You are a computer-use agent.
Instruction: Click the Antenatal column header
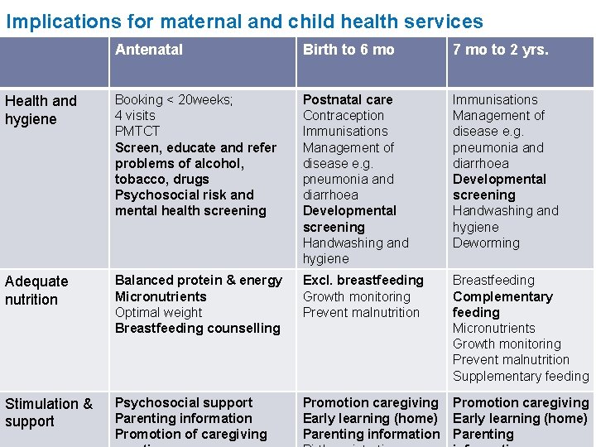[x=149, y=50]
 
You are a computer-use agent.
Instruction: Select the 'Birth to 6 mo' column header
[x=348, y=50]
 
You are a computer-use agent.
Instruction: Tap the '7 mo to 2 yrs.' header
[x=500, y=50]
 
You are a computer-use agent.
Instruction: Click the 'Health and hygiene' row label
[x=41, y=110]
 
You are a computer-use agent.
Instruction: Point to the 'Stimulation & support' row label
[x=49, y=412]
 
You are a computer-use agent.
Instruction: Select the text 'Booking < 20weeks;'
[x=174, y=99]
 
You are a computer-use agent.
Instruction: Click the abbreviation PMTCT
[x=137, y=131]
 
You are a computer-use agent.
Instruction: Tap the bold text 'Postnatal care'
[x=348, y=99]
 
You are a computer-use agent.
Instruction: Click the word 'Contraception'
[x=344, y=116]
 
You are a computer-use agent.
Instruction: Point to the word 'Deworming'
[x=486, y=243]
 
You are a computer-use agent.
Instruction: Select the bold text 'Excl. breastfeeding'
[x=363, y=281]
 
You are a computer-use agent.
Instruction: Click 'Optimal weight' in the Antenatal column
[x=158, y=313]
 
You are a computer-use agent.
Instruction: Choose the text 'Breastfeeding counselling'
[x=198, y=329]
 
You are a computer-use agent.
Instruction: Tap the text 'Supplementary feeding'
[x=521, y=377]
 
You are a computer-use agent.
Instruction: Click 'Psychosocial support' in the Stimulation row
[x=184, y=403]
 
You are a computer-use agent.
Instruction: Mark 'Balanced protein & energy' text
[x=199, y=281]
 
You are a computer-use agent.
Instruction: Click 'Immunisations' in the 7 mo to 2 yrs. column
[x=495, y=99]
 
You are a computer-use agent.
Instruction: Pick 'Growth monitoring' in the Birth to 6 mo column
[x=357, y=296]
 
